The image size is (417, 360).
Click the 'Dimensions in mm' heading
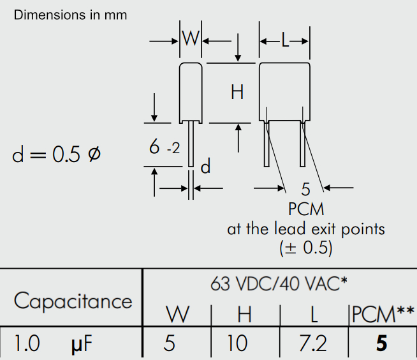tap(71, 15)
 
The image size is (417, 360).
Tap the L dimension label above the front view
tap(285, 41)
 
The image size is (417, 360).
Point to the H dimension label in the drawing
tap(237, 93)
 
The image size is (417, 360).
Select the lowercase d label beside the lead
tap(205, 167)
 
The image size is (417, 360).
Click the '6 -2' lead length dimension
tap(165, 148)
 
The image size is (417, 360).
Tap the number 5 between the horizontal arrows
tap(305, 189)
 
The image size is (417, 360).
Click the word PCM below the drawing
tap(306, 209)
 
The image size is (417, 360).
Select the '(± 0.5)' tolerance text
tap(306, 248)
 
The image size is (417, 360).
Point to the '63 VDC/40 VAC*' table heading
tap(279, 284)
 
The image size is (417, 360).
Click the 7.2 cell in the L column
tap(312, 344)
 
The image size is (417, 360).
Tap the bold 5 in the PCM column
tap(381, 344)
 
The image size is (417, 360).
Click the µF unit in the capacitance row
tap(80, 345)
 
